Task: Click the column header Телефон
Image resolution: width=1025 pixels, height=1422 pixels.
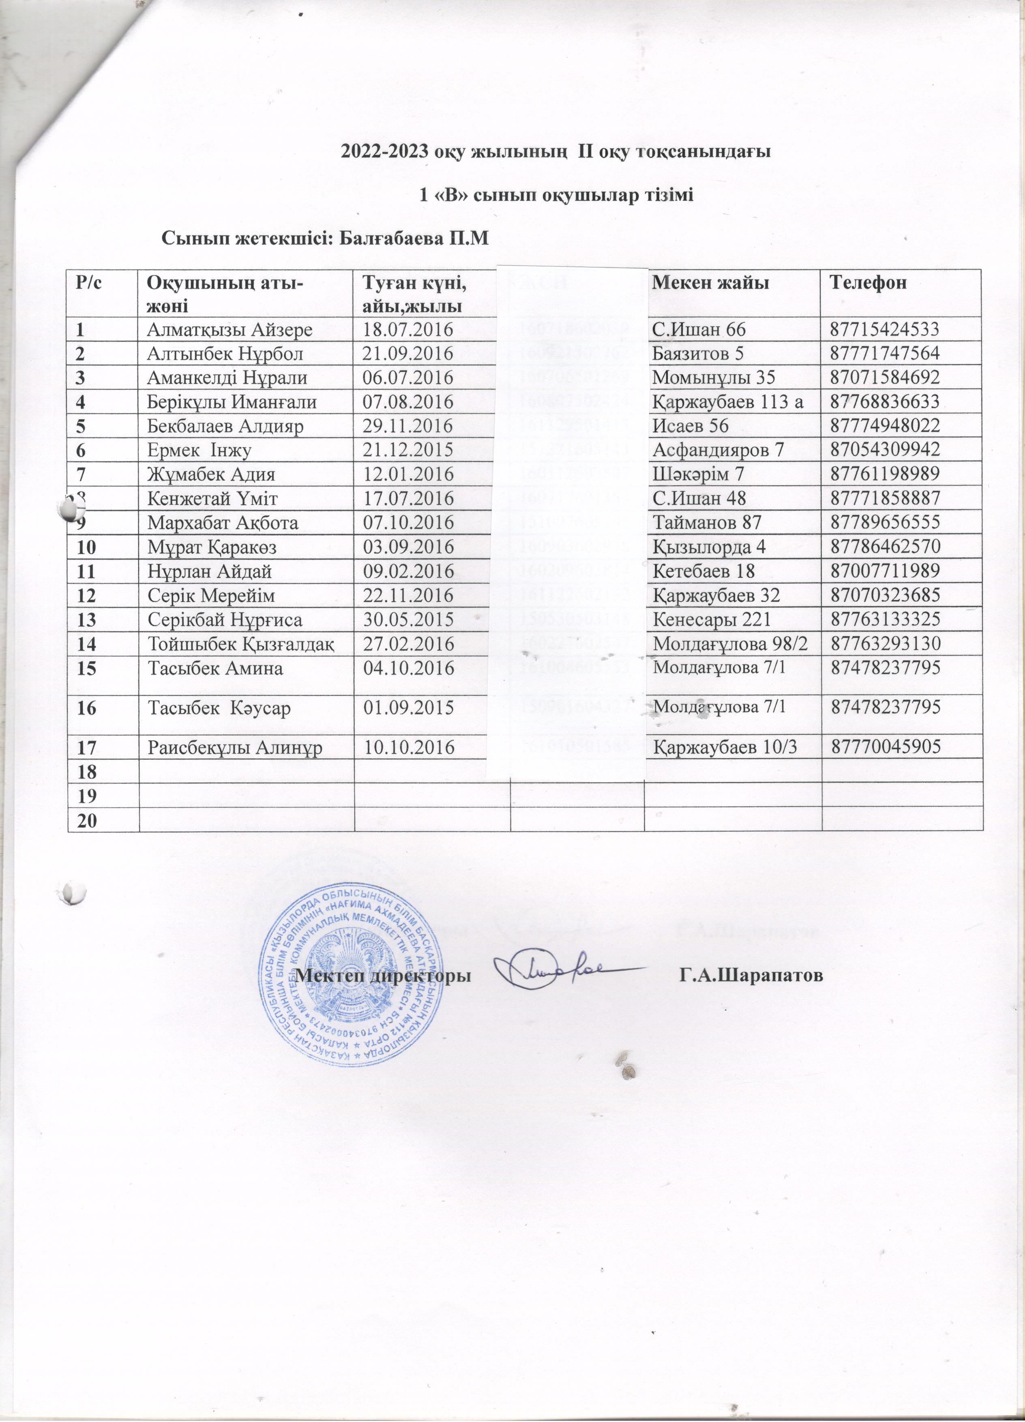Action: point(868,283)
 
